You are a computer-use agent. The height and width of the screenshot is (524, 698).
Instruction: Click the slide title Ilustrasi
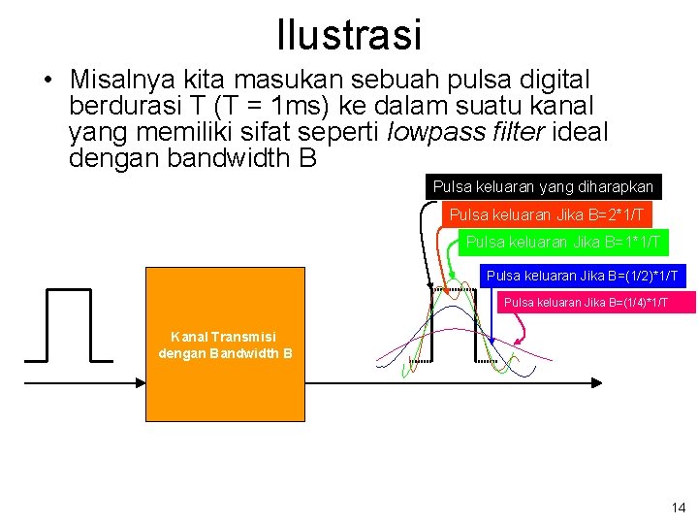349,35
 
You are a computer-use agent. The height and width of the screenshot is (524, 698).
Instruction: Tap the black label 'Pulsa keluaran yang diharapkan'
543,185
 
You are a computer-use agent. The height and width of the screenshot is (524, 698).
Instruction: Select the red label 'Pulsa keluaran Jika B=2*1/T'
547,213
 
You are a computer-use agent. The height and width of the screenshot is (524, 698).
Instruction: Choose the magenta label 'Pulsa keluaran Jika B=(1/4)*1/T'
599,303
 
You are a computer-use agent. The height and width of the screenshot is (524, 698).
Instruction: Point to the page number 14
677,508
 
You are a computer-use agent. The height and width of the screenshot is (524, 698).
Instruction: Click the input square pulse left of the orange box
69,325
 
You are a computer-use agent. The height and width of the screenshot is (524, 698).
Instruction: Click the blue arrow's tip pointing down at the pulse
492,345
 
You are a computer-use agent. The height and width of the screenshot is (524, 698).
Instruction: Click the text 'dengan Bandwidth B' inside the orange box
225,353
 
